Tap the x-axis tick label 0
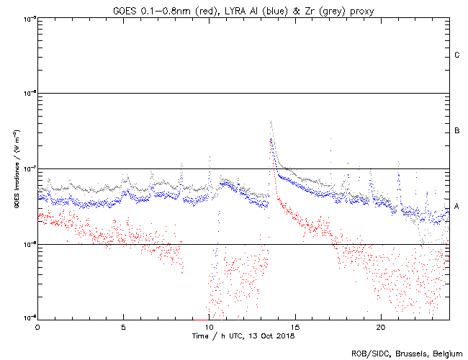pyautogui.click(x=37, y=327)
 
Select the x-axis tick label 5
pyautogui.click(x=123, y=327)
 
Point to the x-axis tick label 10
pyautogui.click(x=209, y=327)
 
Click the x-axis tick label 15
pyautogui.click(x=294, y=327)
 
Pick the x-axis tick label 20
pyautogui.click(x=380, y=327)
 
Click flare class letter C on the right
pyautogui.click(x=457, y=55)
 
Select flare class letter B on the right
pyautogui.click(x=457, y=131)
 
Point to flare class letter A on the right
pyautogui.click(x=457, y=207)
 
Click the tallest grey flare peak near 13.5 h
pyautogui.click(x=271, y=124)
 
